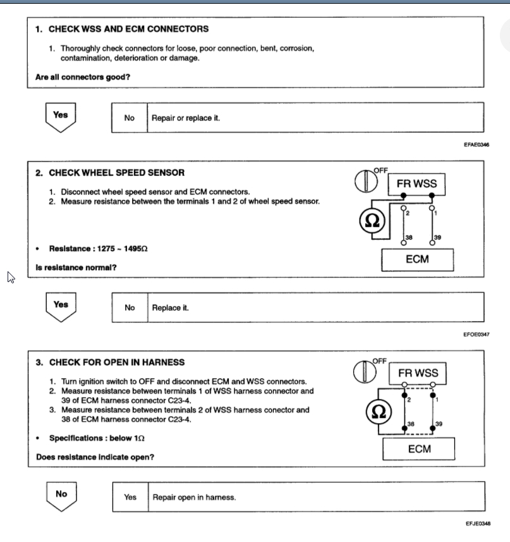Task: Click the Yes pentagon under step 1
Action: pyautogui.click(x=61, y=116)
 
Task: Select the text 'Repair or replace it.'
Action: pyautogui.click(x=186, y=118)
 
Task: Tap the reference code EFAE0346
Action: pyautogui.click(x=477, y=145)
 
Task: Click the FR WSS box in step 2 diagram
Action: pyautogui.click(x=416, y=184)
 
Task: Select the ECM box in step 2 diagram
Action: pyautogui.click(x=416, y=259)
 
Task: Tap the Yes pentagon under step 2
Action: pyautogui.click(x=61, y=306)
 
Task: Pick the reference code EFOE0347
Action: pyautogui.click(x=477, y=334)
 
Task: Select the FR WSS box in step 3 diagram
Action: pyautogui.click(x=418, y=373)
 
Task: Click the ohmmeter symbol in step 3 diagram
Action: pyautogui.click(x=378, y=412)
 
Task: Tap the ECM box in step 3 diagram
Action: pyautogui.click(x=419, y=449)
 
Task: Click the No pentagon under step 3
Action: pyautogui.click(x=61, y=495)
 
